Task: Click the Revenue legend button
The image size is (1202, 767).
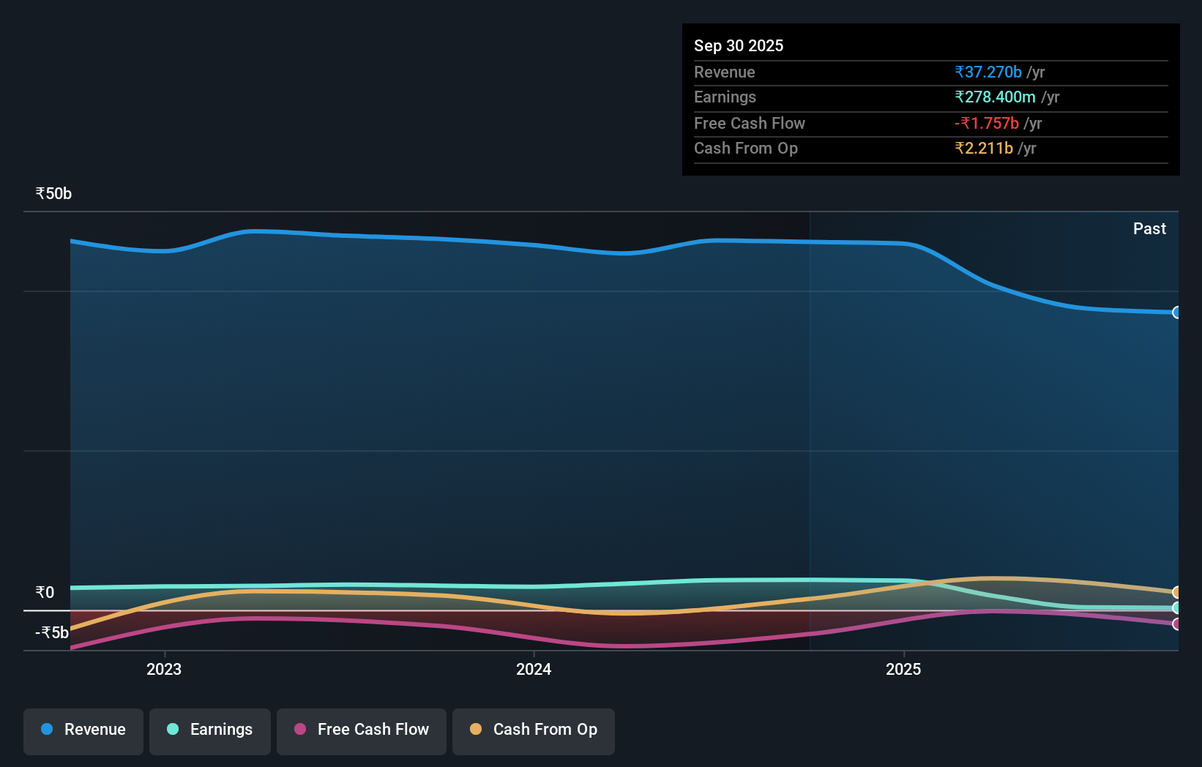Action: coord(83,730)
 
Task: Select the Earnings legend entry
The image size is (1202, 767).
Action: coord(210,730)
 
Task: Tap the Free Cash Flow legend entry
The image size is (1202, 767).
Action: coord(362,730)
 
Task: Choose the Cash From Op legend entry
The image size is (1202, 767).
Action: coord(534,730)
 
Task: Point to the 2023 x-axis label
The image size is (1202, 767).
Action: coord(164,669)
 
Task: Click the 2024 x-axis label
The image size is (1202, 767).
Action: coord(534,669)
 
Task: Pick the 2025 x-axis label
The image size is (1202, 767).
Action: coord(903,669)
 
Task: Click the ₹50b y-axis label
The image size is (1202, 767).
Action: coord(53,194)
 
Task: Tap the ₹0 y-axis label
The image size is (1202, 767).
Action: coord(45,592)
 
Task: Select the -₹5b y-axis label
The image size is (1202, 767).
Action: coord(52,632)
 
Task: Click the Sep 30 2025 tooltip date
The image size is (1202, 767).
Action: coord(739,45)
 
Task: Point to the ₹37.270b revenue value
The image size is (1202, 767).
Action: coord(988,72)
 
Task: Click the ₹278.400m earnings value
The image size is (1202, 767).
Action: coord(995,97)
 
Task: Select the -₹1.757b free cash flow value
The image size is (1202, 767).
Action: coord(986,123)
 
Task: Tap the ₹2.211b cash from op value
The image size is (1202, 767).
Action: coord(984,149)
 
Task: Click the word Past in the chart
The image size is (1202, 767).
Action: coord(1149,229)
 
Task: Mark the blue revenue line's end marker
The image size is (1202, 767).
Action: coord(1176,313)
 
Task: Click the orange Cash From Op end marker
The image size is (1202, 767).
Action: coord(1176,592)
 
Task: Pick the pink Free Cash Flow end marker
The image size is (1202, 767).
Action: coord(1176,624)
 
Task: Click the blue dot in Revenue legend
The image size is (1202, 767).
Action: coord(47,730)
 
